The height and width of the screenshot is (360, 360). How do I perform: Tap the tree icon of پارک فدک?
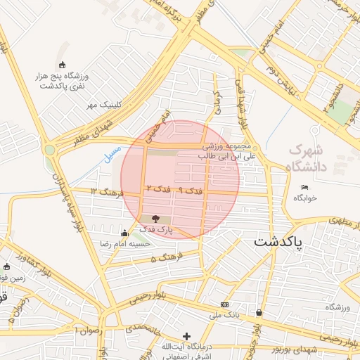tap(155, 219)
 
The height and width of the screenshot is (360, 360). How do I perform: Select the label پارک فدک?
tap(155, 230)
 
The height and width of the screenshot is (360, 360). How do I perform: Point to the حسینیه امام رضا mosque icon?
tap(125, 233)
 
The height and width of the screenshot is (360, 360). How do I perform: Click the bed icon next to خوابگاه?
tap(304, 187)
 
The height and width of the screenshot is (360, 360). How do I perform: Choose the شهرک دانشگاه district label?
tap(317, 158)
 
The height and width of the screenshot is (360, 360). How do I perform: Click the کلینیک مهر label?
tap(100, 105)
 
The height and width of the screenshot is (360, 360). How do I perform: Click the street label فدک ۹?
tap(190, 191)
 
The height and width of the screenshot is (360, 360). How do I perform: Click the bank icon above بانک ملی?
tap(224, 304)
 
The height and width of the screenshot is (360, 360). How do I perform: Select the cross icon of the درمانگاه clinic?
tap(186, 336)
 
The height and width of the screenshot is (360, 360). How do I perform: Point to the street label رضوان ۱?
tap(88, 329)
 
